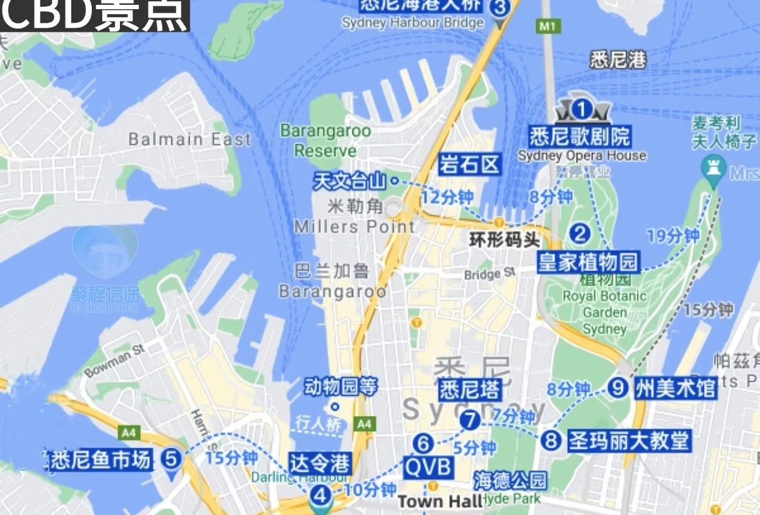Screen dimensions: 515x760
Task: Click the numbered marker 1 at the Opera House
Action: pos(582,110)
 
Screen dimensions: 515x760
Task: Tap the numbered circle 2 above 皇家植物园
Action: pos(579,233)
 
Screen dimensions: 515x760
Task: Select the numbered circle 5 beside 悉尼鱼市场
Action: pos(172,458)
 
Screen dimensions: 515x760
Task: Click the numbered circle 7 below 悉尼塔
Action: pos(470,420)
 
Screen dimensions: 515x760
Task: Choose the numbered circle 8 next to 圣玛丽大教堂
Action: pos(551,440)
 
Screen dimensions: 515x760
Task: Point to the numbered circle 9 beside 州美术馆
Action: pos(618,387)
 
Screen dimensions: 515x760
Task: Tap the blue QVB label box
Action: pos(429,468)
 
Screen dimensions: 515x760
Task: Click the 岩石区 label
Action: pos(470,165)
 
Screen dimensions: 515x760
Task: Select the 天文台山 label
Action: pos(349,181)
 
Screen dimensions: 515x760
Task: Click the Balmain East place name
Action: pos(190,139)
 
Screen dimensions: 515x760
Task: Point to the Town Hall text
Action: pos(440,502)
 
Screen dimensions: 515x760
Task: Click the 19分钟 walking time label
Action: pos(673,236)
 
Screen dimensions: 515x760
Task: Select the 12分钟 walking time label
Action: pos(448,198)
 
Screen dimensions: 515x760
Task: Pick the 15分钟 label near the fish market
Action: pos(231,458)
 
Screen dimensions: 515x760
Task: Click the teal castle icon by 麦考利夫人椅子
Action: pos(713,166)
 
